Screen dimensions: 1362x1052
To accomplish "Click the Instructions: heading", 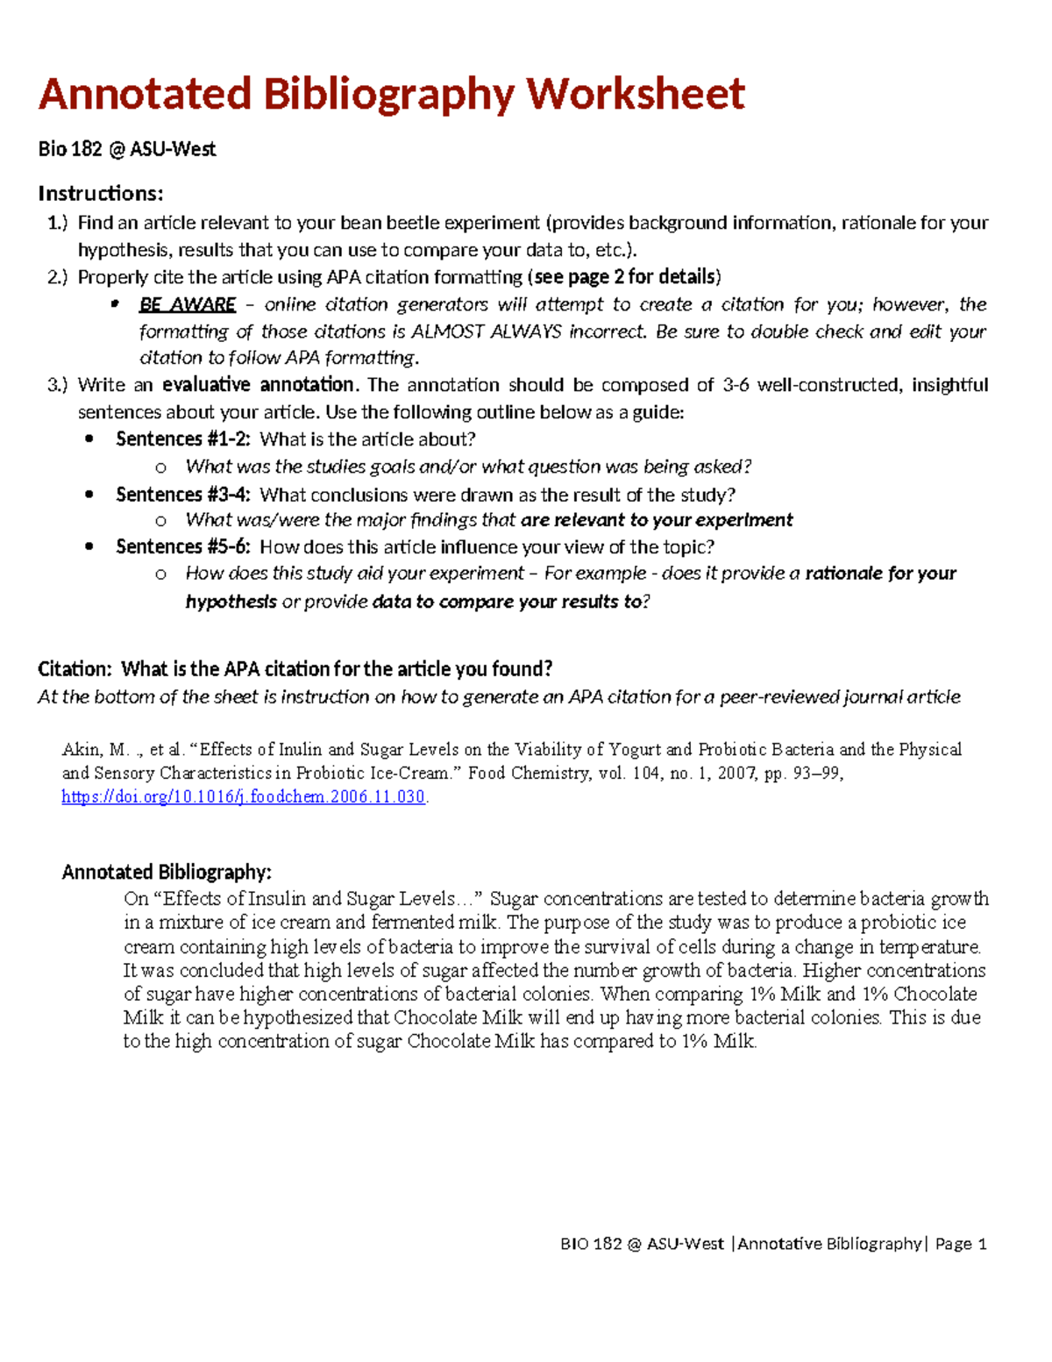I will click(x=101, y=193).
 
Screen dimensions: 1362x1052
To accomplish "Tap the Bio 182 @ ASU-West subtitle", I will click(x=126, y=149).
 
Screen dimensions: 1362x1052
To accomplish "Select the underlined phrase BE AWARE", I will click(x=187, y=304).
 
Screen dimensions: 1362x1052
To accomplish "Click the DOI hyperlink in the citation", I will click(x=243, y=797).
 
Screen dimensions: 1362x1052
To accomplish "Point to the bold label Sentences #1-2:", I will click(x=182, y=439).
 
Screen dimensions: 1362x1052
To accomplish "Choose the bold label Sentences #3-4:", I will click(x=182, y=495).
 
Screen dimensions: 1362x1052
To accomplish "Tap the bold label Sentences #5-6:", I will click(x=182, y=547).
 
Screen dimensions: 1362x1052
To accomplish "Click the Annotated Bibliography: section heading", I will click(x=167, y=872).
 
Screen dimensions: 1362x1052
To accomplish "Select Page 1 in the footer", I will click(x=961, y=1244).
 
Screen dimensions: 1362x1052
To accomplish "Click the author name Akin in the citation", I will click(x=82, y=750).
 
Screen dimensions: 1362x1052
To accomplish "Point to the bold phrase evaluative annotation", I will click(x=259, y=385).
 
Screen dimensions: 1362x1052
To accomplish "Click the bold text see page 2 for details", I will click(x=624, y=277).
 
